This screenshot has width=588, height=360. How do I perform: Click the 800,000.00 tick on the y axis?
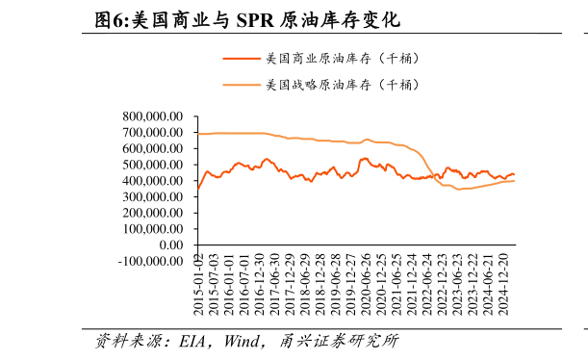[x=153, y=116]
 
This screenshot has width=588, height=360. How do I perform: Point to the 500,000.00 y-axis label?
[x=153, y=165]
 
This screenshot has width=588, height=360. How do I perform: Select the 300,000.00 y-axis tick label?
[x=153, y=196]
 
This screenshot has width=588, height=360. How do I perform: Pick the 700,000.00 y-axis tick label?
[x=153, y=133]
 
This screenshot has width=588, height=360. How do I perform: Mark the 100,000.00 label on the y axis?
[x=153, y=229]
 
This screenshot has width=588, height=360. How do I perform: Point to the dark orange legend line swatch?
[x=242, y=59]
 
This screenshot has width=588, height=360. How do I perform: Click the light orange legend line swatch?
[x=242, y=85]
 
